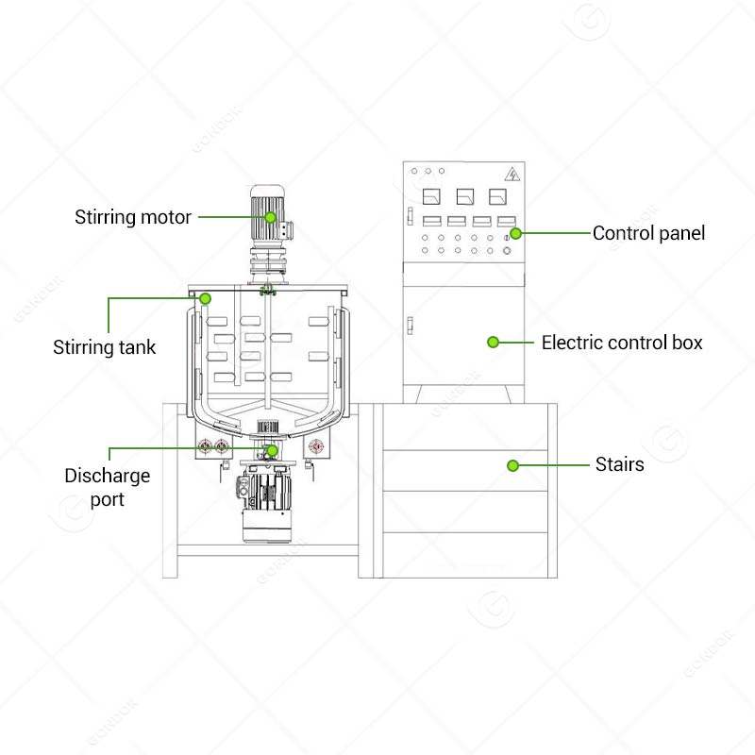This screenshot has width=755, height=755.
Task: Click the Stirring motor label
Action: point(133,217)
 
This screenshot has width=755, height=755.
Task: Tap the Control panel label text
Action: point(648,232)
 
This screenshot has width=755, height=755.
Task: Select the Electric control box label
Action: point(621,342)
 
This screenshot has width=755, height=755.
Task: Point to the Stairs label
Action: point(619,464)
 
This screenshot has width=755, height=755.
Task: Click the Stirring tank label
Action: point(104,347)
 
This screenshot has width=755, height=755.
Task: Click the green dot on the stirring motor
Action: point(270,217)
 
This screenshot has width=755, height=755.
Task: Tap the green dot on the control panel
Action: point(516,232)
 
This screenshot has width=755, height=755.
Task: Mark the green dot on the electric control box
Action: point(493,342)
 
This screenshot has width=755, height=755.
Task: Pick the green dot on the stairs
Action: point(512,465)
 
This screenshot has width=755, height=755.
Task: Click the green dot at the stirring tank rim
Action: point(205,298)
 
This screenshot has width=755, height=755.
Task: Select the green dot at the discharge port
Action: point(272,451)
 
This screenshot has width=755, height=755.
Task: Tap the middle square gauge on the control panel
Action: point(464,197)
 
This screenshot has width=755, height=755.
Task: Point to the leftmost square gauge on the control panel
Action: point(431,197)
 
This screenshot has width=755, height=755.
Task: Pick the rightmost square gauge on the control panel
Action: point(497,197)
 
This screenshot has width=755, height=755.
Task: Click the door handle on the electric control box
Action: point(411,327)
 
